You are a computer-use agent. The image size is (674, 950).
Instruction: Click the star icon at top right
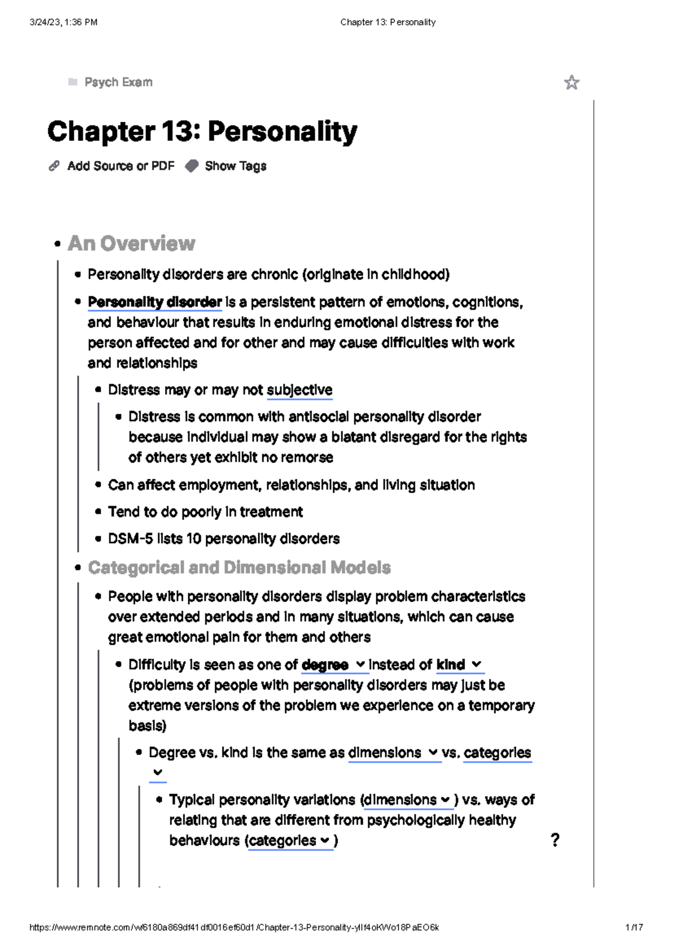pyautogui.click(x=571, y=82)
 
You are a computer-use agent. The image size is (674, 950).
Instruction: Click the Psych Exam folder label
pyautogui.click(x=118, y=82)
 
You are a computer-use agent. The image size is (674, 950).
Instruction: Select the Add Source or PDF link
pyautogui.click(x=120, y=166)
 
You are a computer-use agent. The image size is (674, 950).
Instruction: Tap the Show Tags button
pyautogui.click(x=235, y=166)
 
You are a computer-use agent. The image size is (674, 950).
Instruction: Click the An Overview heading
pyautogui.click(x=131, y=244)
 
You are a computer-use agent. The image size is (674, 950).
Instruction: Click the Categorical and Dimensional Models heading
pyautogui.click(x=239, y=568)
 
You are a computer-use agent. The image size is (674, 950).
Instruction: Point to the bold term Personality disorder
pyautogui.click(x=155, y=302)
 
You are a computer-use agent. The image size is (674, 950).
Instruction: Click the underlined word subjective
pyautogui.click(x=299, y=390)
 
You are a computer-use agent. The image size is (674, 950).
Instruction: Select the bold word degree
pyautogui.click(x=325, y=665)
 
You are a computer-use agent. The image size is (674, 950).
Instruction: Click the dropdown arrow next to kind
pyautogui.click(x=477, y=664)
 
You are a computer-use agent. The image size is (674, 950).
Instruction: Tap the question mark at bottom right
pyautogui.click(x=555, y=840)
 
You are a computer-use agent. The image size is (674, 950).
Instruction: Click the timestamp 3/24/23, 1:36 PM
pyautogui.click(x=63, y=22)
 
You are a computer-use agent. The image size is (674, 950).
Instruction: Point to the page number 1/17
pyautogui.click(x=634, y=928)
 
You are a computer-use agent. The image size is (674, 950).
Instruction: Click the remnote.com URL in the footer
pyautogui.click(x=234, y=928)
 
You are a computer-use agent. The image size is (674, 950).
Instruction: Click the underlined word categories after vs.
pyautogui.click(x=497, y=753)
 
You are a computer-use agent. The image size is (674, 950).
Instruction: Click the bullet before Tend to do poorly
pyautogui.click(x=98, y=512)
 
